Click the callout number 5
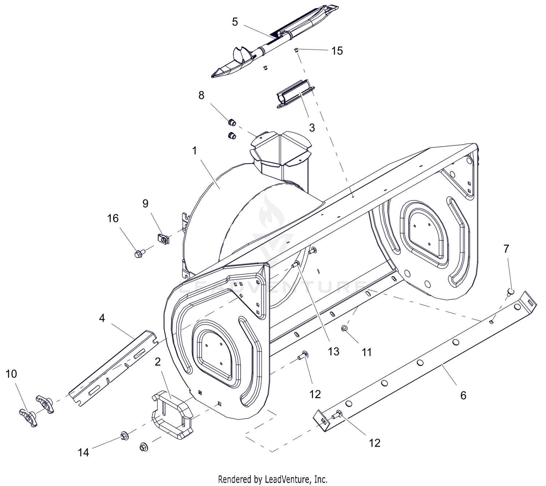[235, 22]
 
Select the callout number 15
[337, 51]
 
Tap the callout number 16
[113, 219]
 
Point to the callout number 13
[333, 352]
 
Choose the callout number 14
[83, 452]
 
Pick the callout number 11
[367, 352]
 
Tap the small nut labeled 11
[344, 328]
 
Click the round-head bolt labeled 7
[510, 292]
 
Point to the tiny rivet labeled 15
[296, 50]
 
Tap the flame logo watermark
[272, 213]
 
